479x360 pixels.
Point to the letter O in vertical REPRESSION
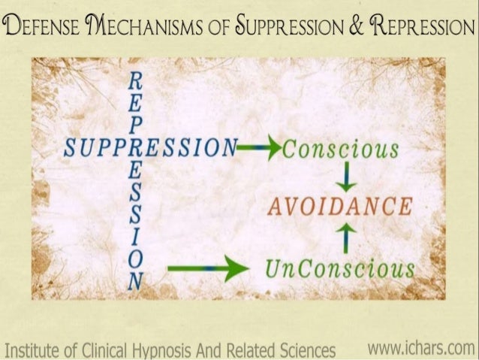click(136, 261)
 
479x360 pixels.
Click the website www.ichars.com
click(422, 347)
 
